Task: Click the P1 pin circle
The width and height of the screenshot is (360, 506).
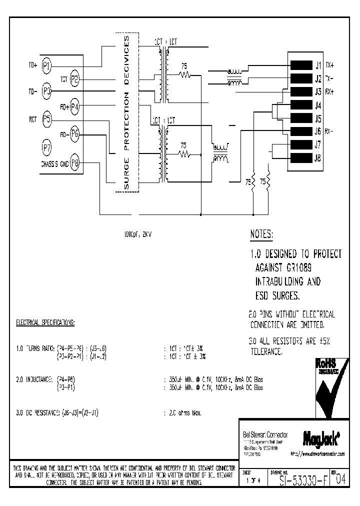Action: (47, 65)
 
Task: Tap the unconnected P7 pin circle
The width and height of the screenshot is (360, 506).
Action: (47, 147)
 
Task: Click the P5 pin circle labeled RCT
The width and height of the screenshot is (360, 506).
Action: (47, 119)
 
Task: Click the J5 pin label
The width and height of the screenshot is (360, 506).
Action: (318, 119)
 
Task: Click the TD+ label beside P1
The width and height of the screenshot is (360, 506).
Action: (33, 65)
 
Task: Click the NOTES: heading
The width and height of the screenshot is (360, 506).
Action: (261, 234)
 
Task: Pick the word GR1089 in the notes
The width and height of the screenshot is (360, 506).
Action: (301, 268)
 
